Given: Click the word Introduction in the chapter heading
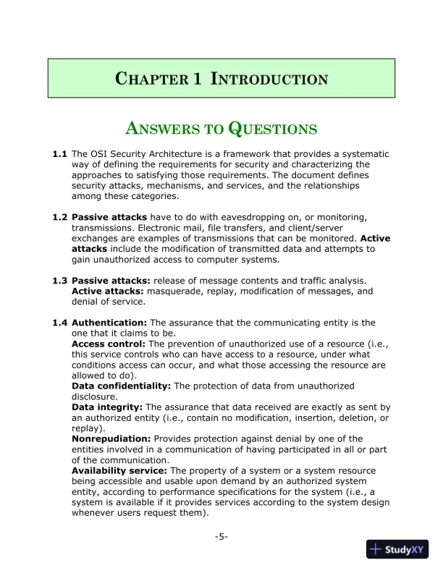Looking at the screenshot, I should (x=269, y=79).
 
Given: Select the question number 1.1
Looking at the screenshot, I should (x=60, y=154).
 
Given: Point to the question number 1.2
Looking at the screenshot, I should (x=60, y=217).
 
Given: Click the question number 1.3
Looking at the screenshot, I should (x=60, y=281).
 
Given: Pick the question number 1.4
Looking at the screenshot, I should (x=60, y=323).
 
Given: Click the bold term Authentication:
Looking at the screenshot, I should (x=109, y=323).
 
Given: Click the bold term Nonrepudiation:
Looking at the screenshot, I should (x=111, y=438).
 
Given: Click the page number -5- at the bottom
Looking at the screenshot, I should (x=221, y=536).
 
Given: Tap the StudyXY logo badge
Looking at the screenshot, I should (x=397, y=549).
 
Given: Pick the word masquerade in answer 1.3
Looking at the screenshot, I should (x=178, y=292).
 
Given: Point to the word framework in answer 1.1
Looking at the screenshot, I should (x=253, y=154).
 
